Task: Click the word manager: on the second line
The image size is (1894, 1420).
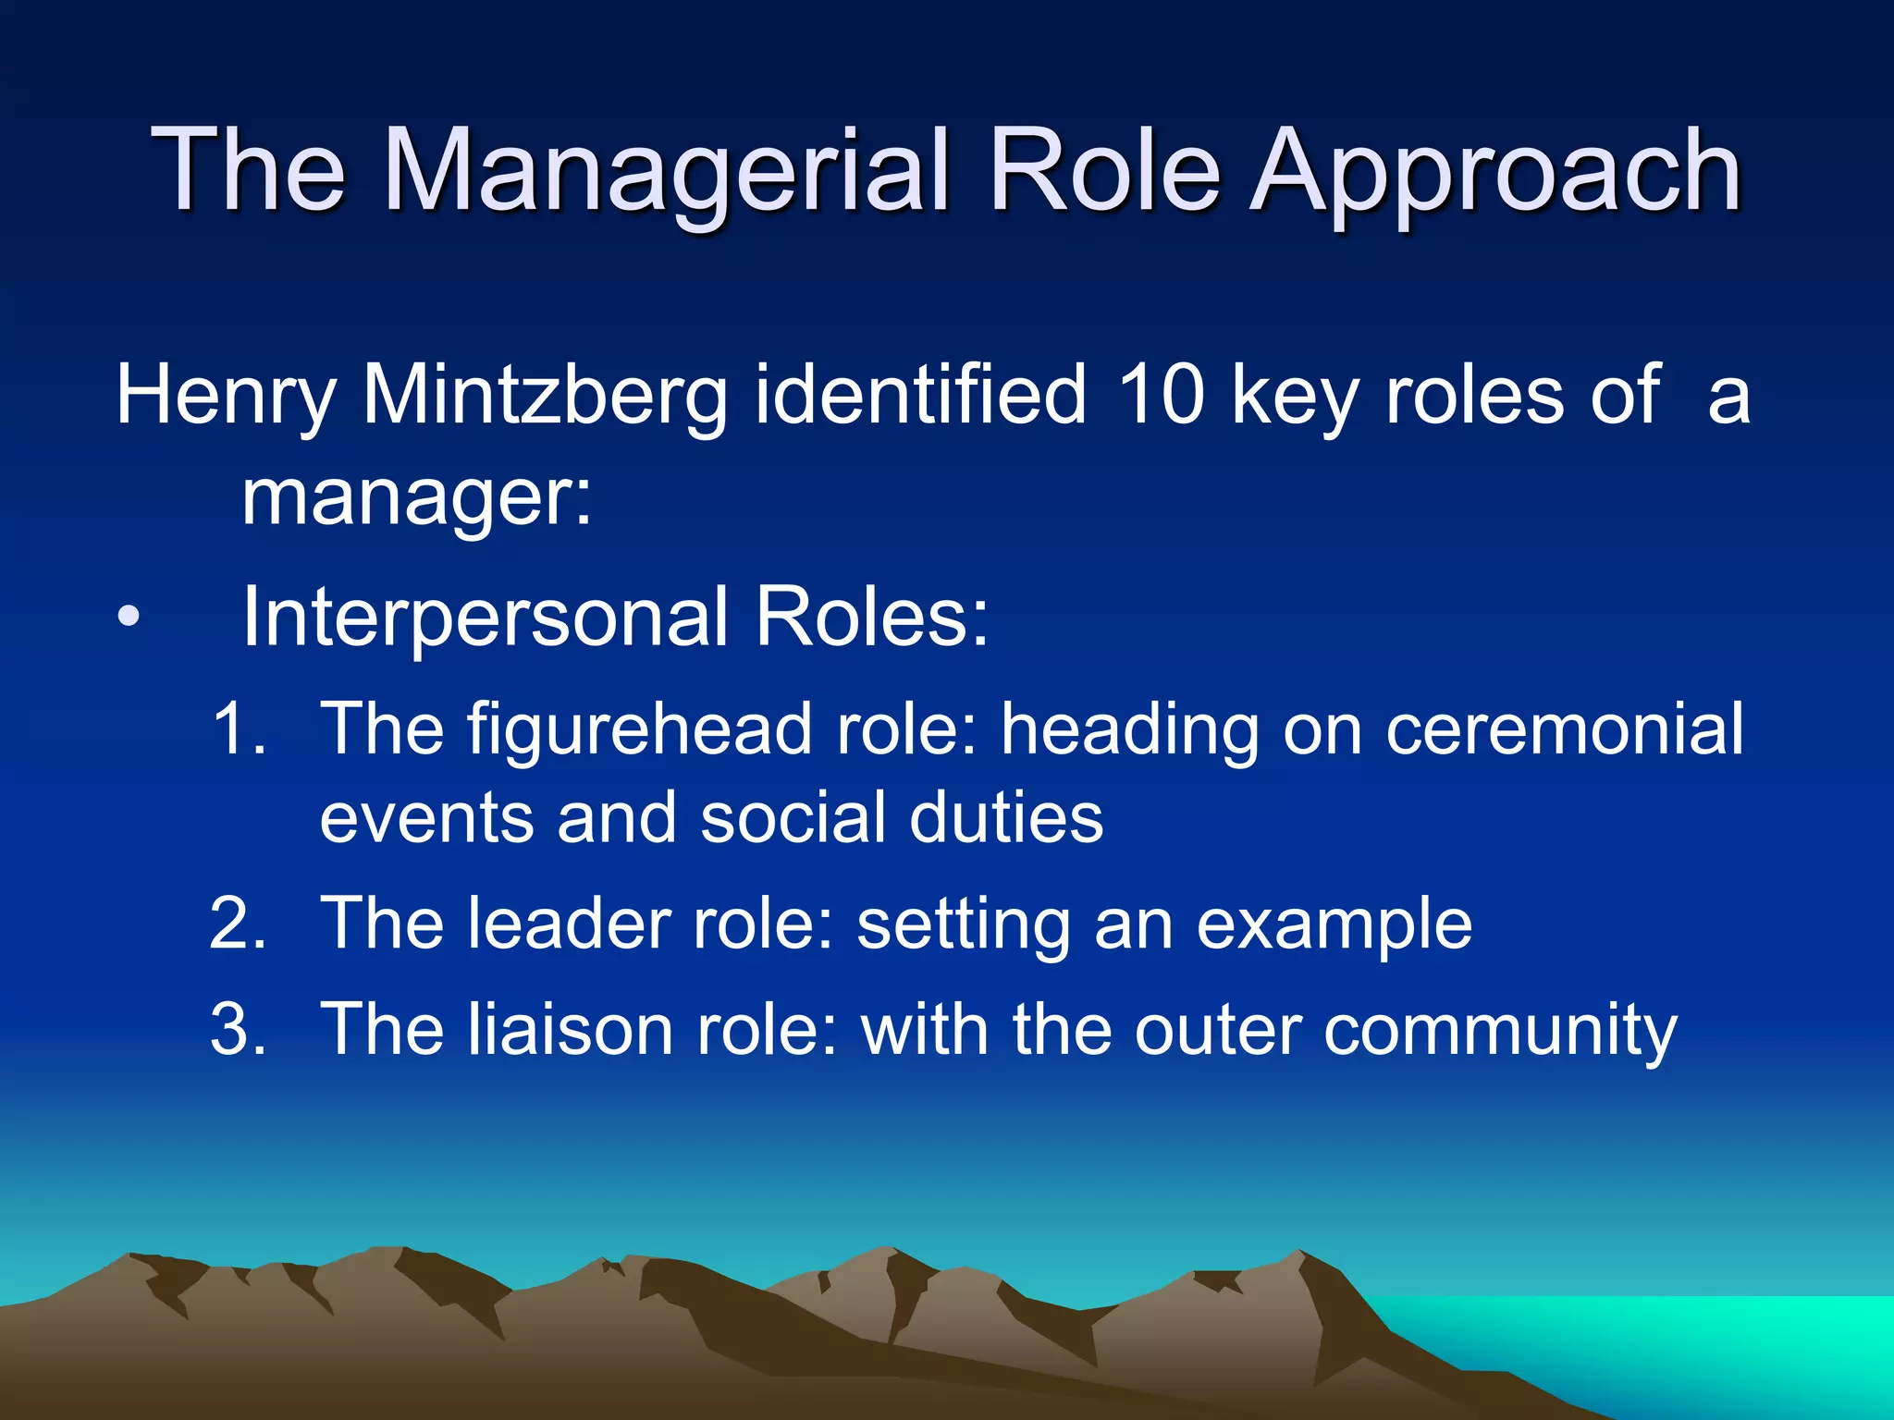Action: pos(416,497)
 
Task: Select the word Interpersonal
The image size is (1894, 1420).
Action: pos(485,617)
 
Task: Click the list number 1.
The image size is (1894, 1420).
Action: pos(238,728)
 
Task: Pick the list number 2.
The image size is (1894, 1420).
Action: pos(238,923)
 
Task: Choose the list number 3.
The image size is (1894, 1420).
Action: pos(238,1029)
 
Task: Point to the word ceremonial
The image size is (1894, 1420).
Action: pos(1564,728)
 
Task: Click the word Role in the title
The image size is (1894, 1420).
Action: pos(1105,171)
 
